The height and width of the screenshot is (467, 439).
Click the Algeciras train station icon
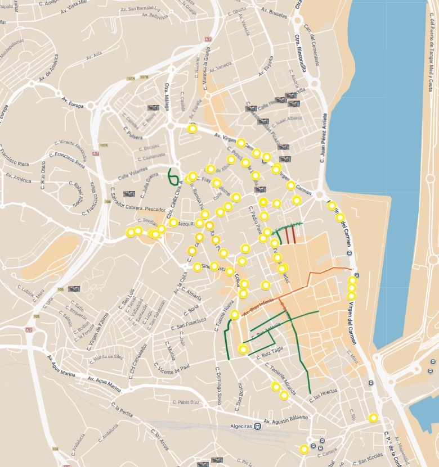point(257,425)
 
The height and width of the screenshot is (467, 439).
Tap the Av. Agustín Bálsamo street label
point(283,418)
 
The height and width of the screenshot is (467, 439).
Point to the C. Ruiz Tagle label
point(269,352)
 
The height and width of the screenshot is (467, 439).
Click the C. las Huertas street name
point(323,395)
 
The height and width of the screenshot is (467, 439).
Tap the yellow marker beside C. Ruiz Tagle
point(243,350)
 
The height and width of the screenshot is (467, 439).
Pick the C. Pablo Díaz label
point(185,402)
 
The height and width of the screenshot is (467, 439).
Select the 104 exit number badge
point(55,449)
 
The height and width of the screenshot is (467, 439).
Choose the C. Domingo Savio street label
point(217,386)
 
